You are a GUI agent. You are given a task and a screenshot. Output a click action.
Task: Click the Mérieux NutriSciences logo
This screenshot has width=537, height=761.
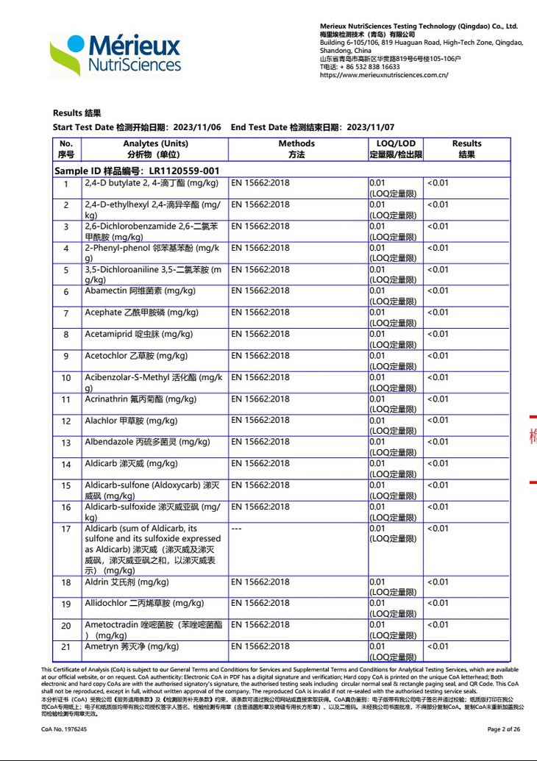pos(115,54)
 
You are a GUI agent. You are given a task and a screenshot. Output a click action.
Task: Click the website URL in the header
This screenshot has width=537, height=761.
pos(384,74)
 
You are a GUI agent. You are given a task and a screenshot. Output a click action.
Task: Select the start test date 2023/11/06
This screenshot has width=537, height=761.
pos(201,127)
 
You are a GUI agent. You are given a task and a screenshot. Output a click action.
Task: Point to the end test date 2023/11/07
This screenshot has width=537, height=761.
pos(371,127)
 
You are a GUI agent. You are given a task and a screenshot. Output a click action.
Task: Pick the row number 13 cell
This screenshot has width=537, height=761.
pos(66,443)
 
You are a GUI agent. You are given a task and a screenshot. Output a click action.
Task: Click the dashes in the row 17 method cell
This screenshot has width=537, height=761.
pos(237,529)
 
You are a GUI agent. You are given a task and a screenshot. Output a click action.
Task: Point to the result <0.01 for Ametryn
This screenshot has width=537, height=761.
pos(438,646)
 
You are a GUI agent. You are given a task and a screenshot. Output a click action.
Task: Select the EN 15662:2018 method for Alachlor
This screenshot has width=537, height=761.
pos(260,421)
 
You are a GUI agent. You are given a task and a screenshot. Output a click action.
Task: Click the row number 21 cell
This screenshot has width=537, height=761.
pos(66,647)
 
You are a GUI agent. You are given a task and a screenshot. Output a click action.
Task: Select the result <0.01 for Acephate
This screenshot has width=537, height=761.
pos(438,312)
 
